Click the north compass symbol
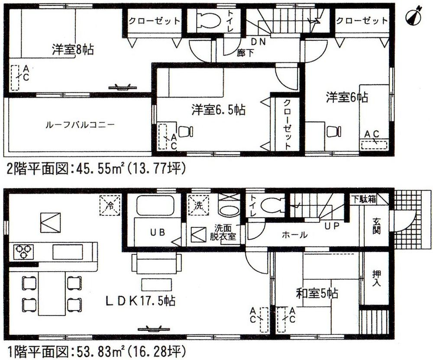[415, 16]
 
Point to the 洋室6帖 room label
[347, 97]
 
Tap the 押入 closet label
[376, 278]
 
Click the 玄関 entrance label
[376, 225]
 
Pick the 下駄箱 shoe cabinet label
[364, 199]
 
